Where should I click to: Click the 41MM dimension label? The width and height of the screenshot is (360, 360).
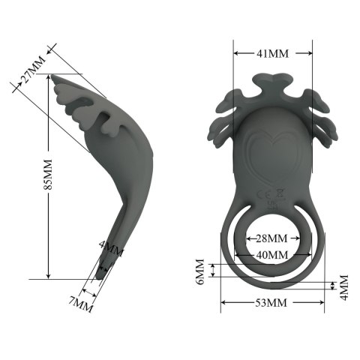[x=272, y=53]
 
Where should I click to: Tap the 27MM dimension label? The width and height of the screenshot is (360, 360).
[x=32, y=76]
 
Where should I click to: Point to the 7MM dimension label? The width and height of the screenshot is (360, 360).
[x=82, y=303]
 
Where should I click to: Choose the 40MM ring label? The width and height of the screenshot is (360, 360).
[x=272, y=255]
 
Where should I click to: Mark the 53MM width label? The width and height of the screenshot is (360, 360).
[x=273, y=303]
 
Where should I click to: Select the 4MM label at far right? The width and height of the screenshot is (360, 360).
[x=344, y=286]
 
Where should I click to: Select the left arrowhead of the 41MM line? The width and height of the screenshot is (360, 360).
[x=235, y=53]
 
